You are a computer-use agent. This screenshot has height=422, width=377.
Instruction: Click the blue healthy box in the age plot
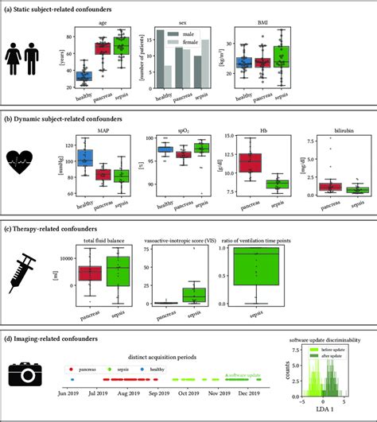coord(84,76)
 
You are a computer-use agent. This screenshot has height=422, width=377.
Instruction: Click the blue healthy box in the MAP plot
coord(84,158)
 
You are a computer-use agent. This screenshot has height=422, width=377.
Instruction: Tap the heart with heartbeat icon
coord(25,165)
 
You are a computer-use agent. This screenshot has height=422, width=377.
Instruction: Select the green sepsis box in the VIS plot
coord(194,295)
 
